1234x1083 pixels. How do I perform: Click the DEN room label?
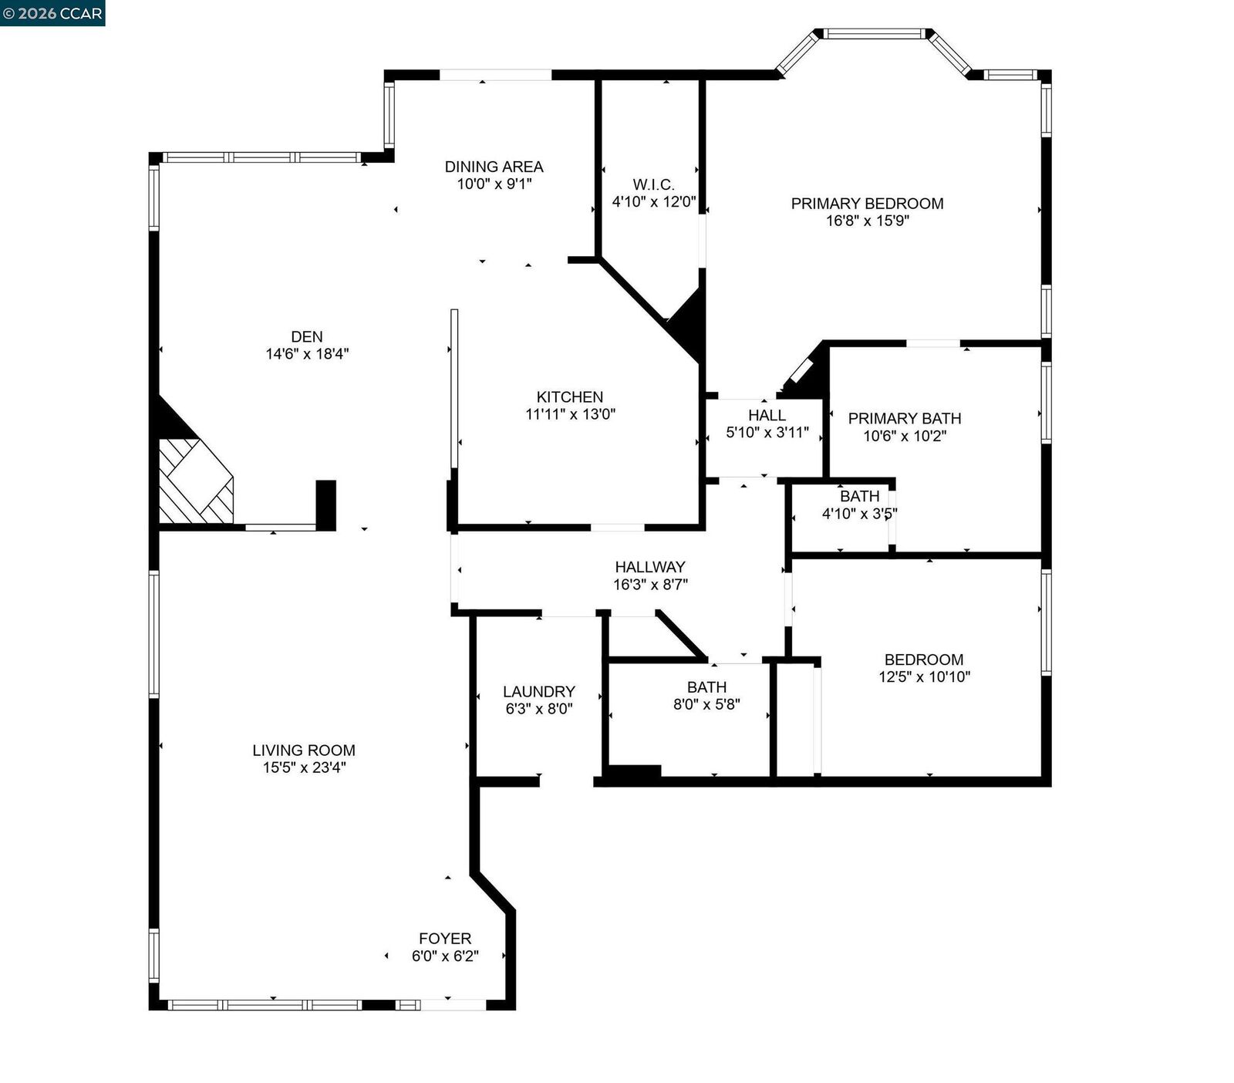coord(306,336)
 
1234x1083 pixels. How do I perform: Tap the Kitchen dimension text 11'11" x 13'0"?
coord(570,414)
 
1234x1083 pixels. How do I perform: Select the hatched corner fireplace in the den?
coord(194,483)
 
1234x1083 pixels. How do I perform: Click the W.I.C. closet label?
coord(653,184)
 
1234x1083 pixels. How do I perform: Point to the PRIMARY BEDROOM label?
coord(867,203)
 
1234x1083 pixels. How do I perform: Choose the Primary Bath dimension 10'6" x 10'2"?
coord(905,436)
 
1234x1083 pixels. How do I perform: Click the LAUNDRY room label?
coord(538,691)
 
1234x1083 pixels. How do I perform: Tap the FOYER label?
coord(444,938)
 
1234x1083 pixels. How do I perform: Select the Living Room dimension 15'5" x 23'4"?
coord(304,768)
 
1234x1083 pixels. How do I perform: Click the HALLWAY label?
coord(649,566)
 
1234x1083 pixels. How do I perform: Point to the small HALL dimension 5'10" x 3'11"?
coord(767,433)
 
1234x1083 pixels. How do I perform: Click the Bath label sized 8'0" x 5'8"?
coord(706,687)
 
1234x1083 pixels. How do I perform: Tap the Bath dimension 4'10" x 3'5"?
coord(859,514)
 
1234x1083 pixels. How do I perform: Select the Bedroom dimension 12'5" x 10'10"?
coord(924,677)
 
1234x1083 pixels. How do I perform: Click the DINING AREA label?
coord(494,166)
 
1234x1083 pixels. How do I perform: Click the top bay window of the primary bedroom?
coord(873,33)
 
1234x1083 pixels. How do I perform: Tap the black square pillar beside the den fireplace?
coord(326,504)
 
